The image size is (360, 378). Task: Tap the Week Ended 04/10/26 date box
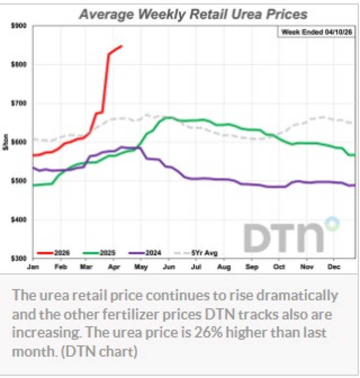tap(317, 33)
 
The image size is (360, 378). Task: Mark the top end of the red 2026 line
tap(122, 46)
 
